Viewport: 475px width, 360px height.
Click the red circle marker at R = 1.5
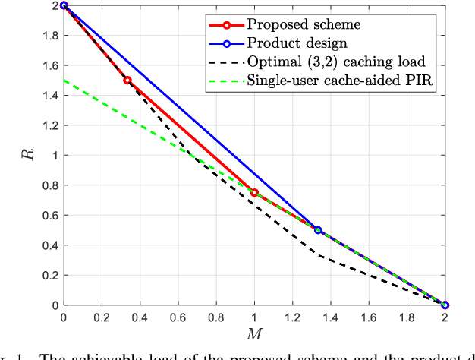[x=127, y=80]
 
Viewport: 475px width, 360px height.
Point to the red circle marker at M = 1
[x=254, y=192]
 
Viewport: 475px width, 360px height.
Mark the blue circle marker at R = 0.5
[x=318, y=230]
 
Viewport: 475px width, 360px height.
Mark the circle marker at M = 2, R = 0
[x=445, y=305]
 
